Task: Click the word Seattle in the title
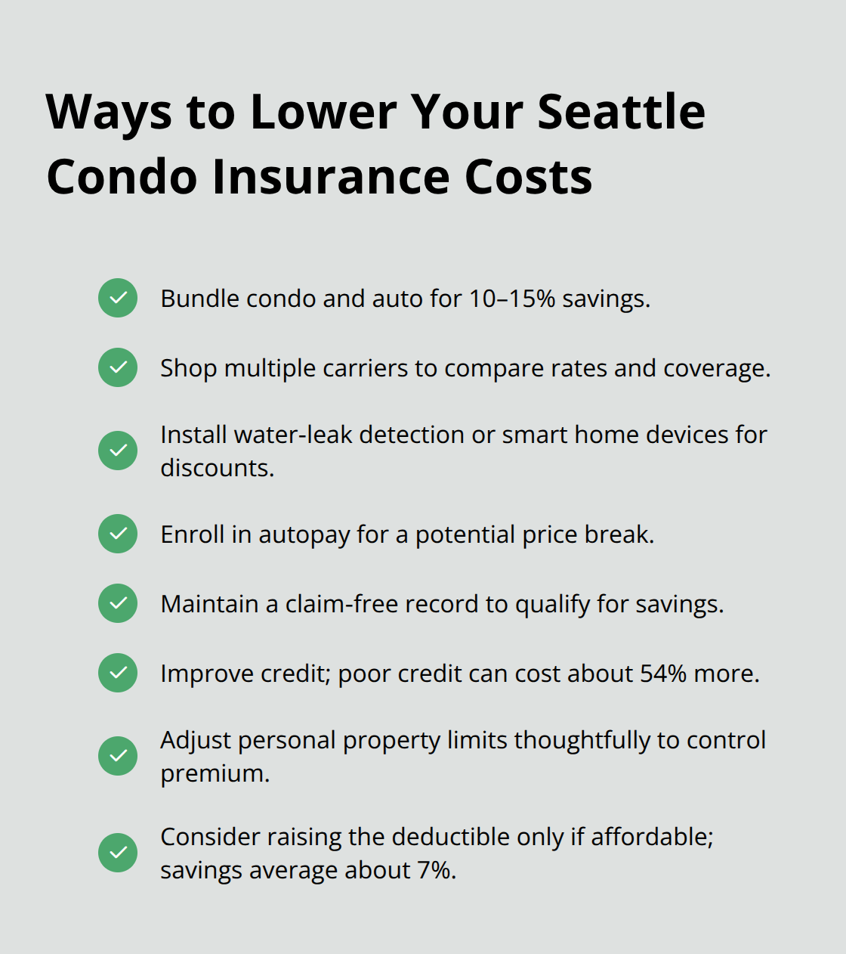[621, 112]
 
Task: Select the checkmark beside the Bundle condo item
[118, 298]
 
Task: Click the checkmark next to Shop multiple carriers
[118, 367]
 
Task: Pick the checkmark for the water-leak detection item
[118, 451]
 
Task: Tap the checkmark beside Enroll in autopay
[118, 534]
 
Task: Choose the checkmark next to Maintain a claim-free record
[118, 603]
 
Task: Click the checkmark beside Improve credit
[118, 673]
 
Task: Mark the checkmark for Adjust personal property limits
[118, 756]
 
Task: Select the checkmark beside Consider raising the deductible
[118, 853]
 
